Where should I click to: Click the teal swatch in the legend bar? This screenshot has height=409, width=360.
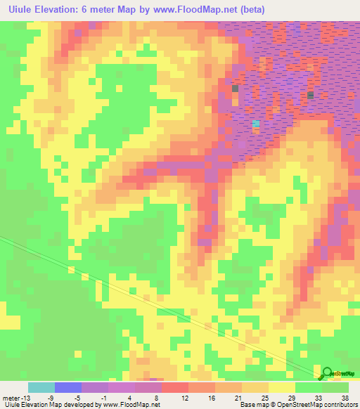[x=41, y=387]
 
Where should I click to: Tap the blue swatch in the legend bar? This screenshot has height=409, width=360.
[x=68, y=387]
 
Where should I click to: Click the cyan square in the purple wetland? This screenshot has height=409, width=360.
[x=257, y=124]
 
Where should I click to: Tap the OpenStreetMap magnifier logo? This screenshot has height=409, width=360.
[x=327, y=373]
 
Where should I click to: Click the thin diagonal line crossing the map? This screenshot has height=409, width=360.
[x=141, y=295]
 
